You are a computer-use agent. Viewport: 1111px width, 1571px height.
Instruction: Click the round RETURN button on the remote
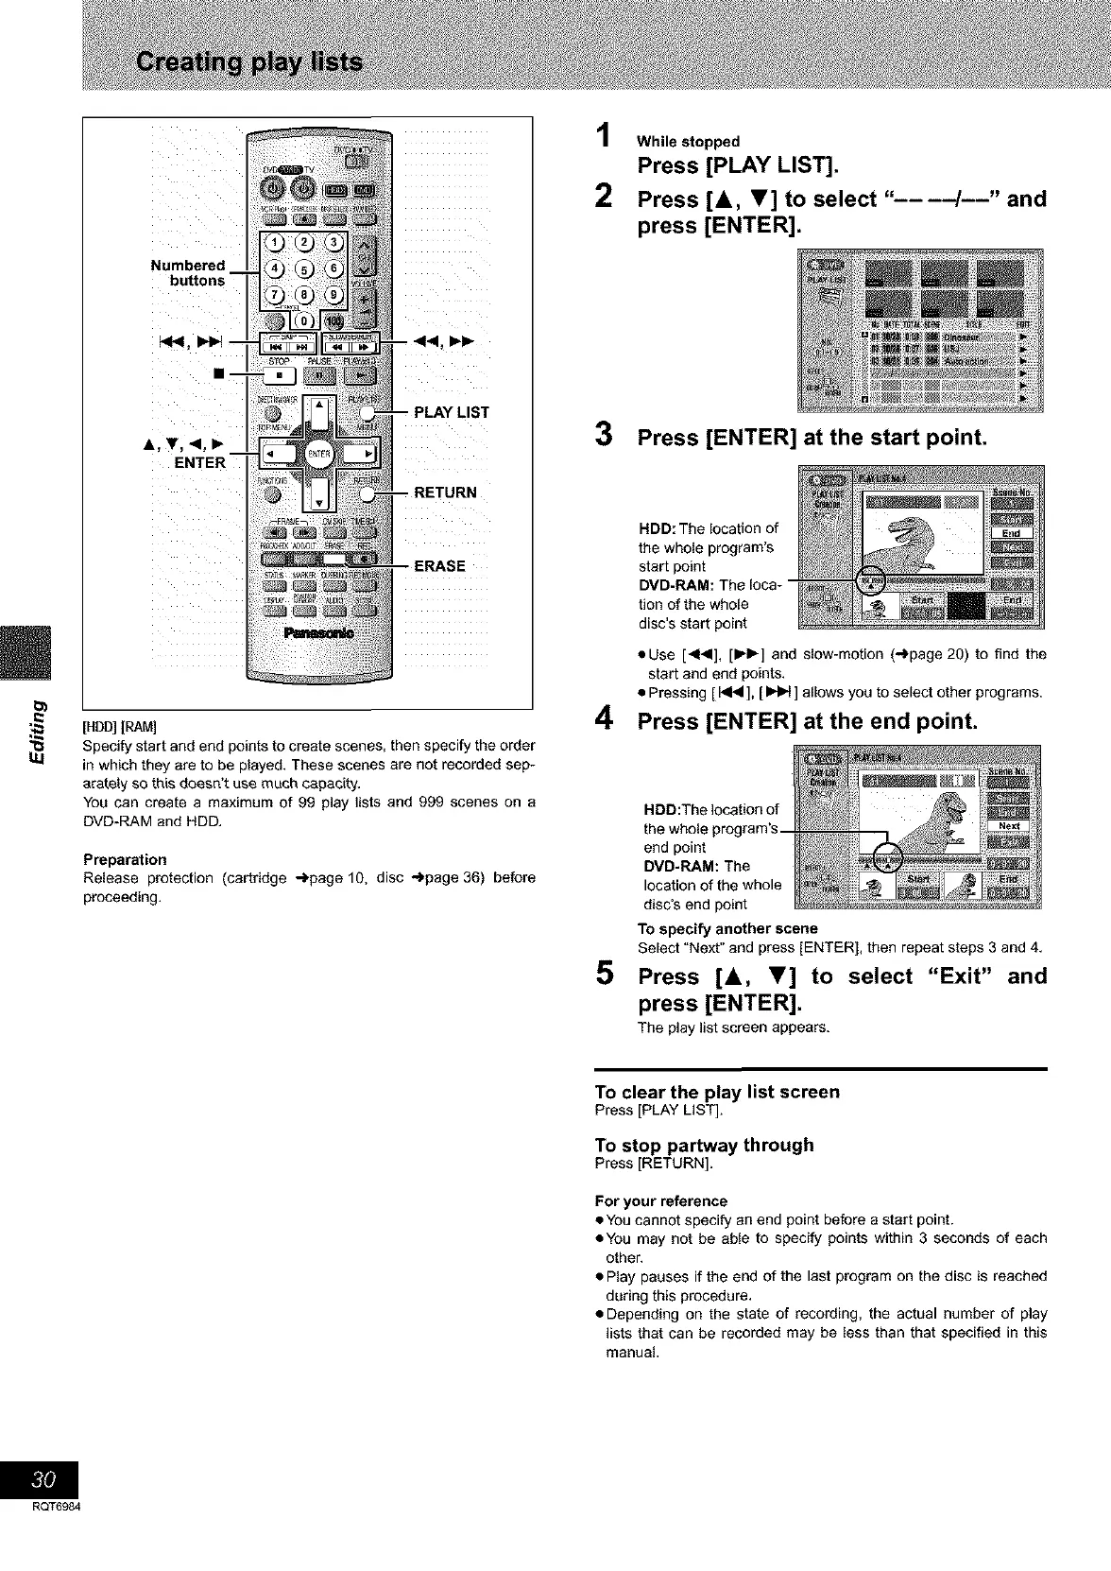(x=377, y=492)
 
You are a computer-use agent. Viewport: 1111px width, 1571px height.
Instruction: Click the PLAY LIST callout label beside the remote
(x=452, y=412)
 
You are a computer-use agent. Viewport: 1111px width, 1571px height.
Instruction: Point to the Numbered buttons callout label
(x=188, y=272)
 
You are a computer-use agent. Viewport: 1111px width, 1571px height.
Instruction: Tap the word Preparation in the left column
(x=125, y=859)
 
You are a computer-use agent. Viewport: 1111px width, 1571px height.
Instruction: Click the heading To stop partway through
(x=704, y=1145)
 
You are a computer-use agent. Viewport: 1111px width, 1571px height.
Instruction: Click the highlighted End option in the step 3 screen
(x=1010, y=533)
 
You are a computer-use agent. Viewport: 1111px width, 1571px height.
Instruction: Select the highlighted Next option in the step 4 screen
(x=1010, y=825)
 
